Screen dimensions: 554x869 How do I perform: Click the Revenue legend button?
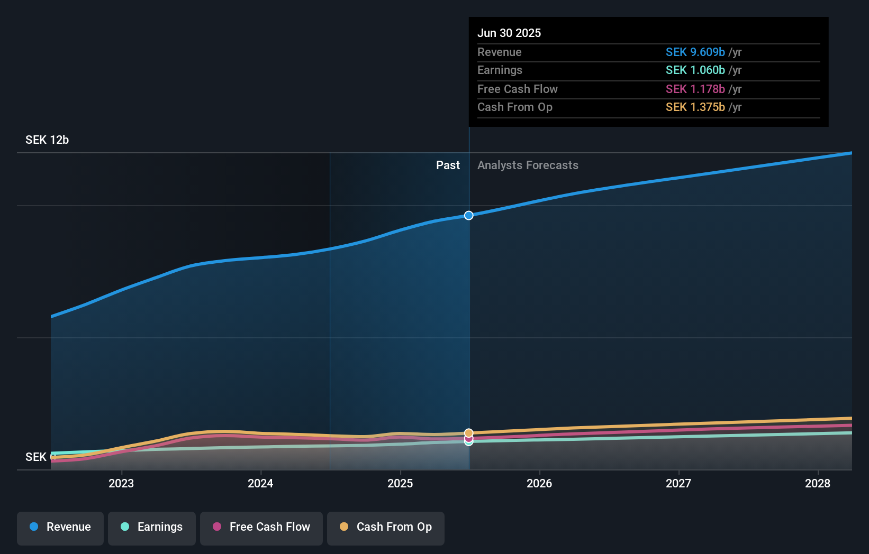(x=60, y=528)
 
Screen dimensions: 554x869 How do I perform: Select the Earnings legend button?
(x=152, y=528)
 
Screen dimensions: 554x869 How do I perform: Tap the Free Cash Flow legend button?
(x=261, y=528)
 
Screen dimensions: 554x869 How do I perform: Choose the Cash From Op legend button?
(x=386, y=528)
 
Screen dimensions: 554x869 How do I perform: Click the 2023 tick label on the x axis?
(x=121, y=484)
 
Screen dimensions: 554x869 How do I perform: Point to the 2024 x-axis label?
(x=260, y=484)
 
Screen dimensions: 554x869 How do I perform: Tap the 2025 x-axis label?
(x=400, y=484)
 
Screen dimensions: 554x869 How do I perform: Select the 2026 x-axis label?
(x=539, y=484)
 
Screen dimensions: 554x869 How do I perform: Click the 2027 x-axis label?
(x=678, y=484)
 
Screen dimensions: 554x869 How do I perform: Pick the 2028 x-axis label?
(x=818, y=484)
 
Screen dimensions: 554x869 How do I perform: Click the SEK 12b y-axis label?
(x=47, y=140)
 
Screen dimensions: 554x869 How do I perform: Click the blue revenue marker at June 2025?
(x=469, y=215)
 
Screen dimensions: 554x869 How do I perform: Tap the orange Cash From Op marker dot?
(x=469, y=433)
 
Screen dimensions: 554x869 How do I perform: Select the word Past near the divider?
(x=448, y=165)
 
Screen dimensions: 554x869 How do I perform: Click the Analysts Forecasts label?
(x=528, y=165)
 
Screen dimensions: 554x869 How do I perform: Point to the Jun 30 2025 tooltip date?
(x=509, y=33)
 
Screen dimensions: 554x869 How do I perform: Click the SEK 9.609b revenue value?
(x=695, y=52)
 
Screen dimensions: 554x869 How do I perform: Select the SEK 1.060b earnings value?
(x=695, y=70)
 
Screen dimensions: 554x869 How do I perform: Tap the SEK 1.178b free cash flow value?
(x=695, y=89)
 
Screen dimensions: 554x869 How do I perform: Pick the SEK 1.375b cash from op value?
(x=695, y=107)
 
